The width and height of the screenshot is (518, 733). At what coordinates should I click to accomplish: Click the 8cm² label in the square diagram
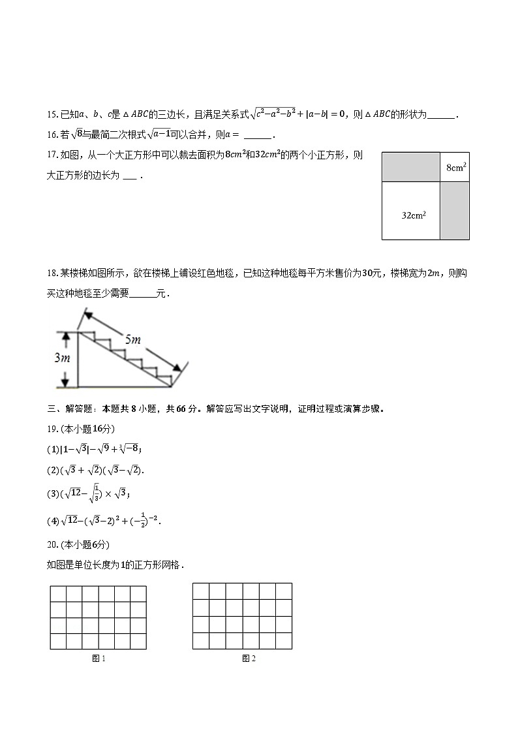[x=455, y=168]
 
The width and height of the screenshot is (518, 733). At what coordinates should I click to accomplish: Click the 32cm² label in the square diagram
[x=414, y=214]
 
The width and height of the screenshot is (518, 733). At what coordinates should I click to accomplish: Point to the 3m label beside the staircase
[x=62, y=358]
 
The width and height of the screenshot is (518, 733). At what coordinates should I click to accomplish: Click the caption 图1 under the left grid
[x=99, y=659]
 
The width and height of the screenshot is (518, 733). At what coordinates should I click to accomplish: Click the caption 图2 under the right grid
[x=249, y=659]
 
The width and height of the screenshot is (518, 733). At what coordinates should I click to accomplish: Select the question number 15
[x=53, y=115]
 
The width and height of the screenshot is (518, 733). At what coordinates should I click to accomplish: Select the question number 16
[x=53, y=135]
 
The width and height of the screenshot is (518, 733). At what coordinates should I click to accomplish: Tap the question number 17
[x=53, y=155]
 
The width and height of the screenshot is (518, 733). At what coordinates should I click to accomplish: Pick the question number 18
[x=53, y=273]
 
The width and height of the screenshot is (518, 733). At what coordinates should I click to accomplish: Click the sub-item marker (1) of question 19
[x=53, y=448]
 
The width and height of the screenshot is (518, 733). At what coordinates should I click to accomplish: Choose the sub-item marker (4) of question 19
[x=53, y=521]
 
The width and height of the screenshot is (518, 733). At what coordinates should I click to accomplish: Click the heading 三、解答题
[x=71, y=409]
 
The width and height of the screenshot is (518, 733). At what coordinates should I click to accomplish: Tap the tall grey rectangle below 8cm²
[x=455, y=210]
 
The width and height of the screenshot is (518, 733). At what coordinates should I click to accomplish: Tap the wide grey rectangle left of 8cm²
[x=411, y=167]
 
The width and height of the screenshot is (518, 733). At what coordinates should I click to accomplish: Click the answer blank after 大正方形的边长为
[x=130, y=176]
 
